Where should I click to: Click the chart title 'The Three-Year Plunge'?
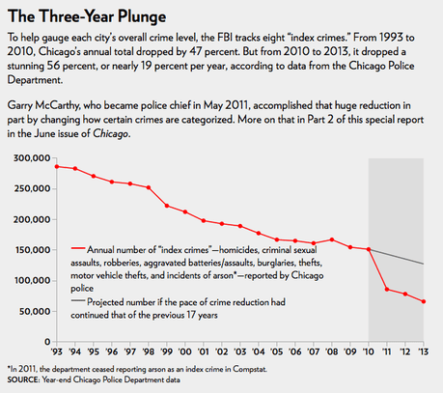point(87,16)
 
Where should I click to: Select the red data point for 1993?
point(57,166)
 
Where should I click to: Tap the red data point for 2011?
point(387,290)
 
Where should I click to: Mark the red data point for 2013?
point(424,301)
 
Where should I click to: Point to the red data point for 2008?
point(332,239)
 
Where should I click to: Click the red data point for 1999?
point(167,206)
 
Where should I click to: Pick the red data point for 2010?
point(369,249)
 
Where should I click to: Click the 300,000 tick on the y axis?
point(32,158)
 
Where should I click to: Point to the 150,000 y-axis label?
point(33,250)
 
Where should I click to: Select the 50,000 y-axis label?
point(35,312)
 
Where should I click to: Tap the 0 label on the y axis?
point(47,341)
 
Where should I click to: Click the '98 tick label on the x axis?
point(149,351)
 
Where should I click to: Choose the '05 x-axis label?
point(277,351)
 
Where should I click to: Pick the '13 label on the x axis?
point(424,351)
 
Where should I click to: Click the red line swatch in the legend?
point(78,248)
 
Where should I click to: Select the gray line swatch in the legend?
point(78,300)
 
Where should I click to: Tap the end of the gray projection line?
point(424,265)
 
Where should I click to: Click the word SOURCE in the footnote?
point(22,379)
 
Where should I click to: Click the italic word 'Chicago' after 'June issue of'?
point(110,134)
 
